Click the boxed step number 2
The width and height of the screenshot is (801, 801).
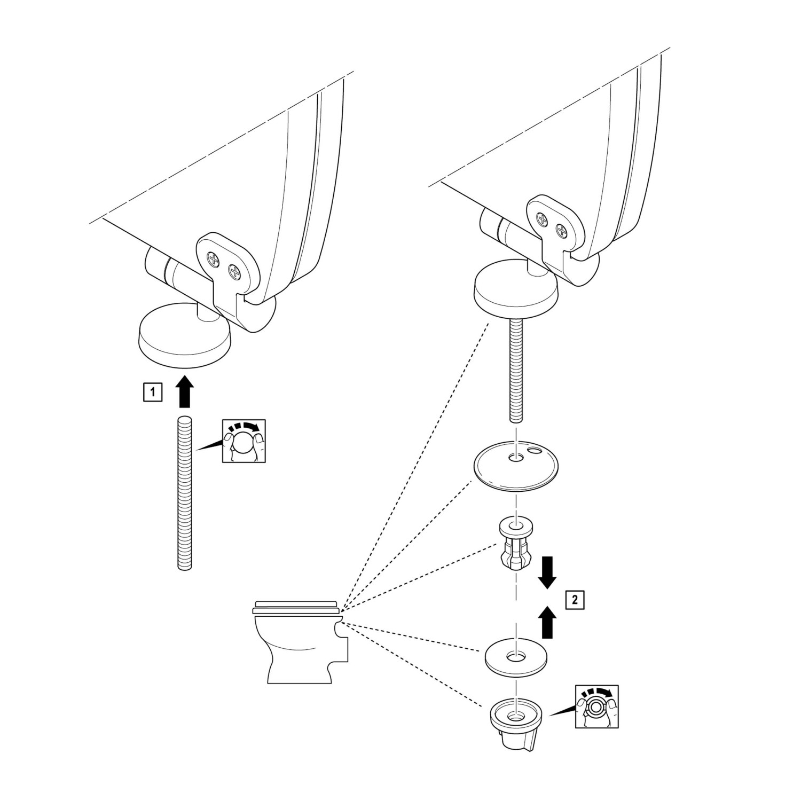(x=574, y=600)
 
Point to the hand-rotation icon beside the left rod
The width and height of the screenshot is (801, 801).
(x=243, y=441)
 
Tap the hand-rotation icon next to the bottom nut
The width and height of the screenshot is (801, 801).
(x=596, y=706)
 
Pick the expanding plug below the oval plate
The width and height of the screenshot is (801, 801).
(x=514, y=546)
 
